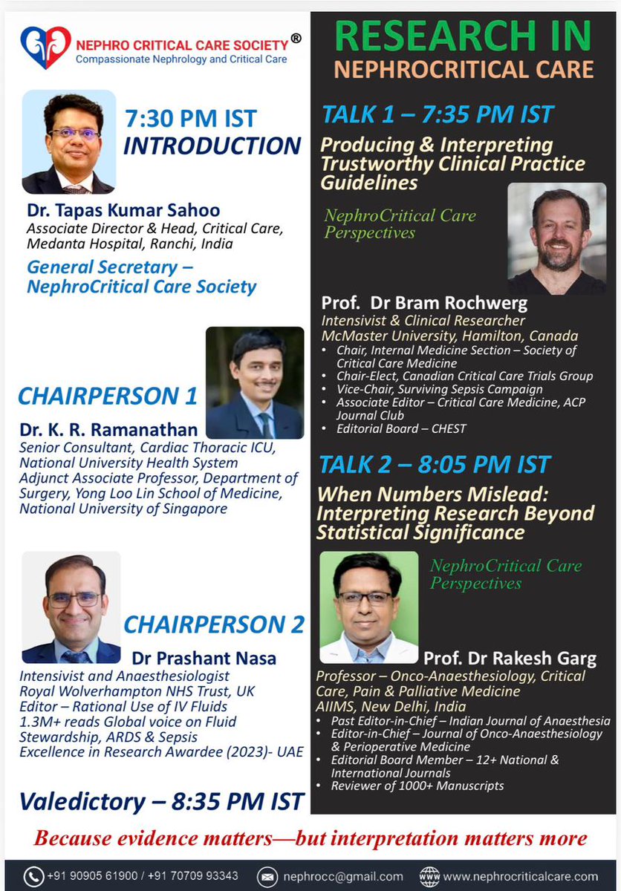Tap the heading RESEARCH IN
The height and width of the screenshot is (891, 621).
click(x=464, y=36)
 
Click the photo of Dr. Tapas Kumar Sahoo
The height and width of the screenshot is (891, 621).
click(x=68, y=143)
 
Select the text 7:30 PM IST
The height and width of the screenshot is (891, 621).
click(x=190, y=118)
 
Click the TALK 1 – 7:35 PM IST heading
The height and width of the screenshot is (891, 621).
click(x=438, y=114)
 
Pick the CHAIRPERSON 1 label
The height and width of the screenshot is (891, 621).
click(x=108, y=396)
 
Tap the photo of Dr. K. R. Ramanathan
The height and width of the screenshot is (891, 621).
click(x=254, y=382)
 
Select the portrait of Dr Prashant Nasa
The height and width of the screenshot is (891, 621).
click(x=71, y=607)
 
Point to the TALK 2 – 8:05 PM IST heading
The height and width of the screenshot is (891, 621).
click(x=435, y=465)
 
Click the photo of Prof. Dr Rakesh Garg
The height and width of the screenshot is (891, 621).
click(x=368, y=607)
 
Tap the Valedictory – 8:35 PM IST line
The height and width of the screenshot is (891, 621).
click(x=162, y=801)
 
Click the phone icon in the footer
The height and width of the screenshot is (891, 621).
click(x=34, y=875)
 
